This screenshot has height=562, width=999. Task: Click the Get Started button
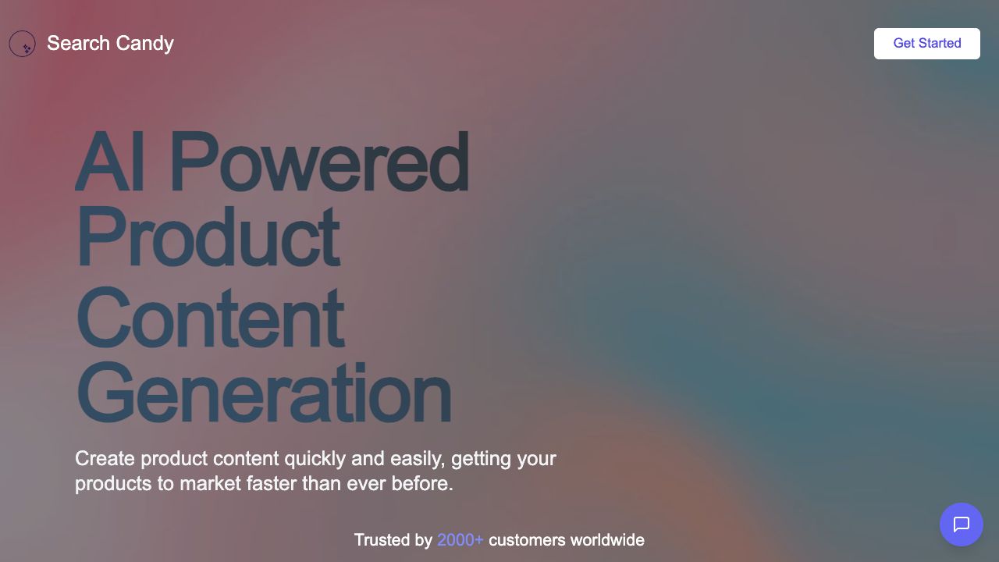tap(926, 43)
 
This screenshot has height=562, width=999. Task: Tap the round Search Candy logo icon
tap(23, 43)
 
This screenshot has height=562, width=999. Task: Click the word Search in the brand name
tap(79, 43)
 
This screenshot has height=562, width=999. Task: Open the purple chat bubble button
tap(961, 525)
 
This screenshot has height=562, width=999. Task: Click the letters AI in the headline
tap(110, 162)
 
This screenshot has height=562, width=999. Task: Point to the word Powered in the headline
tap(319, 162)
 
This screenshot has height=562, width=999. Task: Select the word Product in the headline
tap(208, 237)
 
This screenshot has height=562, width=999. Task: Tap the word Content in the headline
tap(211, 317)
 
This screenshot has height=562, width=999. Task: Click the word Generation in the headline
tap(264, 393)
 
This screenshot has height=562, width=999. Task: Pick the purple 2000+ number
tap(460, 540)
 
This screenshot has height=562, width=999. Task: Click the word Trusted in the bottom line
tap(382, 540)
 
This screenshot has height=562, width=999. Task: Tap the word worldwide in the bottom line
tap(607, 540)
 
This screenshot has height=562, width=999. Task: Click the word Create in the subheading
tap(105, 458)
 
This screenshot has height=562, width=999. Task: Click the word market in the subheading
tap(210, 483)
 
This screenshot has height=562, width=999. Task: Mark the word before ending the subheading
tap(422, 483)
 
